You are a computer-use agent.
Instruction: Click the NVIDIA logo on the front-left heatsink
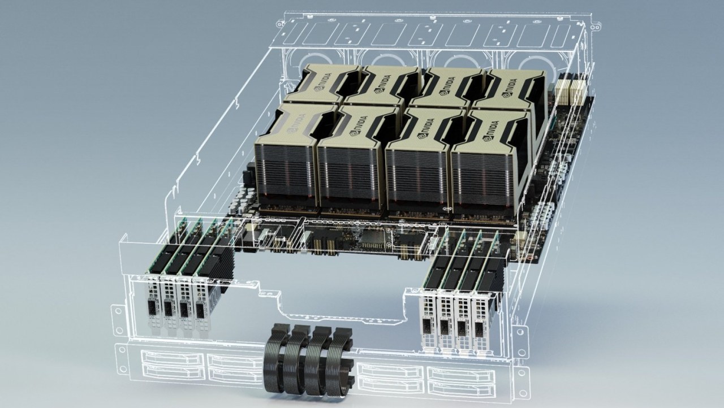(295, 123)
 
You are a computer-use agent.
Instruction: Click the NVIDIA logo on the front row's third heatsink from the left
(426, 128)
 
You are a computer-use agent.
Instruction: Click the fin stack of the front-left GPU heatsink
(284, 175)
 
